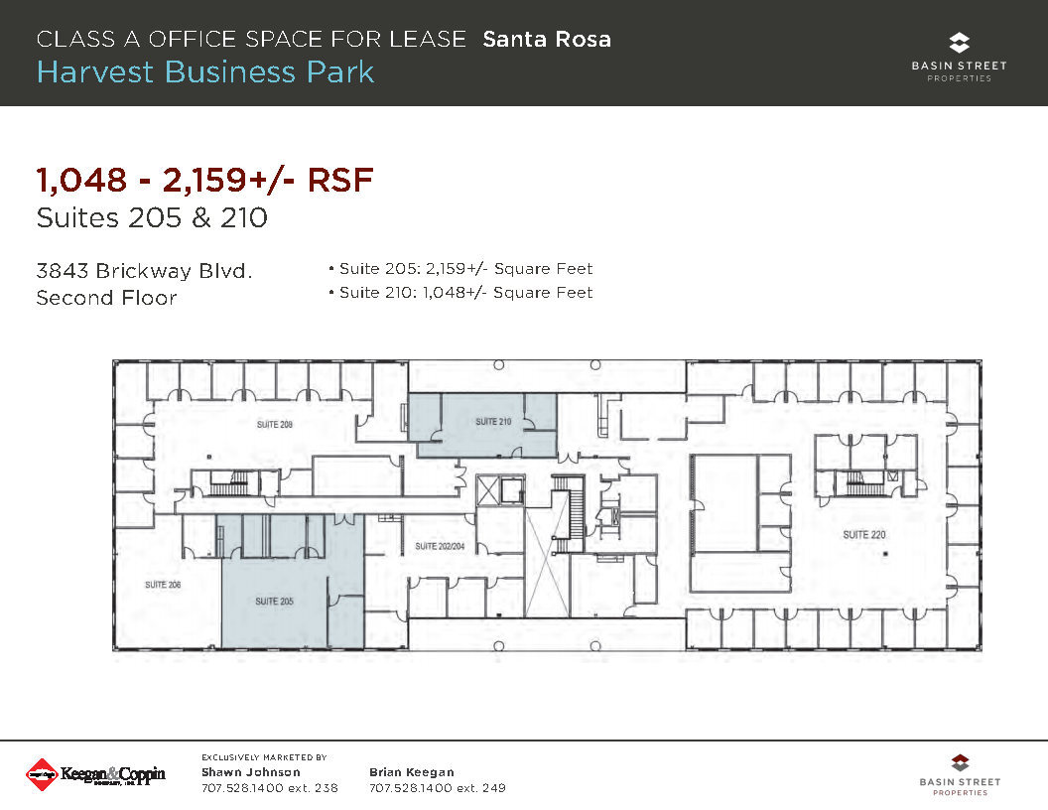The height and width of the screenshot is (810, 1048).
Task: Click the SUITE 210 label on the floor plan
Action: [493, 422]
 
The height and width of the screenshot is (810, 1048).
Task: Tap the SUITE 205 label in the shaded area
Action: [273, 602]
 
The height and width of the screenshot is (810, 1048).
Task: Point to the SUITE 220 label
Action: [863, 535]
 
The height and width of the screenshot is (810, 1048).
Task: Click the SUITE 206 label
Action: [163, 585]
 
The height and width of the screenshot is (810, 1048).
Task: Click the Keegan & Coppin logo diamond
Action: [41, 774]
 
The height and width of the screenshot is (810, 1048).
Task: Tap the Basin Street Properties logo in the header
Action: [959, 57]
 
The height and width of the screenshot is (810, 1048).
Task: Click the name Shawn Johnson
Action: [250, 772]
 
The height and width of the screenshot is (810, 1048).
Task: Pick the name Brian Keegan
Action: [411, 772]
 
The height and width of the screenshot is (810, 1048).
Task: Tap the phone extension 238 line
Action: [269, 788]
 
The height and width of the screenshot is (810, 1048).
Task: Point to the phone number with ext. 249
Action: [437, 788]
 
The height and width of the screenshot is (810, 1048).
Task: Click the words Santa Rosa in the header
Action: [547, 40]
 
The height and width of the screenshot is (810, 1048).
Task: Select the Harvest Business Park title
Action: [205, 72]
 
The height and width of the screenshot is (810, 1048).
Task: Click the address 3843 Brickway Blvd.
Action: [144, 270]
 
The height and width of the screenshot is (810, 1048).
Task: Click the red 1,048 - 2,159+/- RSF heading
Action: [204, 181]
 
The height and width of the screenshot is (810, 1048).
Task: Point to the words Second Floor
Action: [106, 298]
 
